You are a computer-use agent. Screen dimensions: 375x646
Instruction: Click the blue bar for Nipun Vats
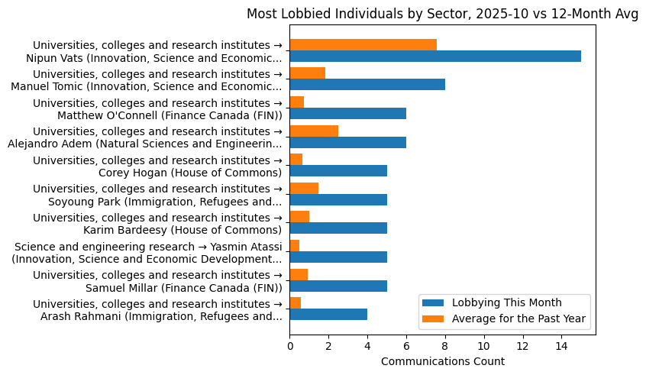point(435,57)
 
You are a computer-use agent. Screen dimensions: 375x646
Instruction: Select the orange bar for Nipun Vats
point(363,45)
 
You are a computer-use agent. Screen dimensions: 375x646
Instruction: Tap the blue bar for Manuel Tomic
point(367,85)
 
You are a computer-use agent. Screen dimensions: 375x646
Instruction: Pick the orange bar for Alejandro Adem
point(314,131)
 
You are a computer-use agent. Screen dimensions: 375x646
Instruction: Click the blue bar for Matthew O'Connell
point(347,114)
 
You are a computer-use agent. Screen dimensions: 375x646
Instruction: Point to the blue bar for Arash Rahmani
point(328,315)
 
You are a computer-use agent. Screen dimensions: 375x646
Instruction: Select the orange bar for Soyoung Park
point(304,188)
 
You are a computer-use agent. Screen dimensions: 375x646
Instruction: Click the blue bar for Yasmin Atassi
point(338,257)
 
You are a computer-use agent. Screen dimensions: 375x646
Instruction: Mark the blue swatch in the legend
point(434,303)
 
